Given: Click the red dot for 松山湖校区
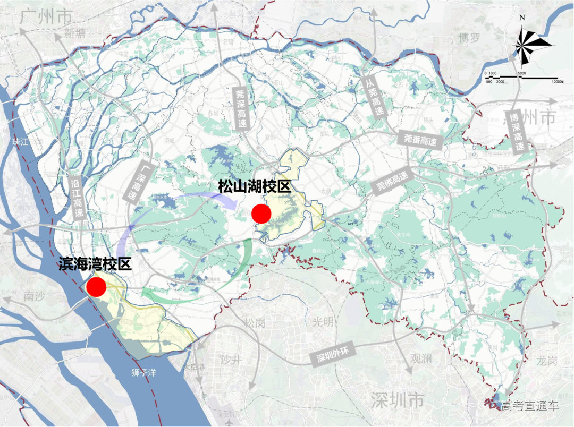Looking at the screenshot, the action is [261, 213].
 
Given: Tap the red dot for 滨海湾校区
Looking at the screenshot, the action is [97, 287].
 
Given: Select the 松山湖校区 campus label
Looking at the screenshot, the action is [255, 187].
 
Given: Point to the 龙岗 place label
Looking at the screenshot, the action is [547, 361].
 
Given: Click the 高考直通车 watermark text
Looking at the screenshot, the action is [529, 406].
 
